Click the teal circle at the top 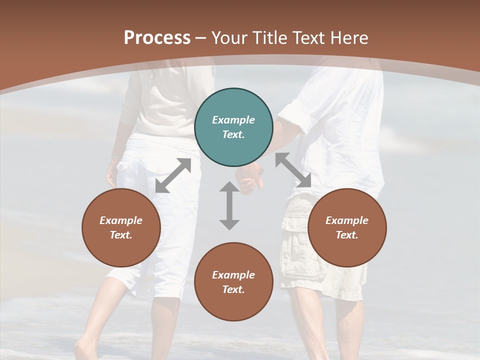(233, 127)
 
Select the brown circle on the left (121, 227)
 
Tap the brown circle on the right (347, 227)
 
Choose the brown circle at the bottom (233, 282)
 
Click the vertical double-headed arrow (229, 205)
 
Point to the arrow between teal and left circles (173, 175)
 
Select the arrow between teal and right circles (293, 170)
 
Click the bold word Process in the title (157, 37)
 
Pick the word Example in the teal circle (233, 120)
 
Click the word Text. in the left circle (121, 235)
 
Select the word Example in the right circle (347, 220)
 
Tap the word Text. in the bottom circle (233, 289)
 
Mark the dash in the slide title (201, 38)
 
